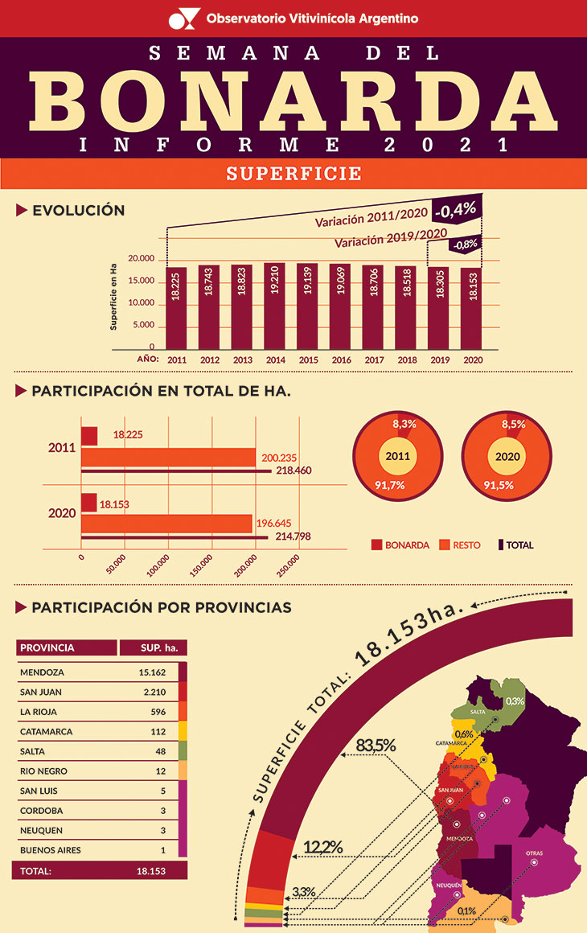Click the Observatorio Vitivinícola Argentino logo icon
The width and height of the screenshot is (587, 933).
point(183,18)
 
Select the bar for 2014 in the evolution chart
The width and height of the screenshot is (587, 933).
point(274,306)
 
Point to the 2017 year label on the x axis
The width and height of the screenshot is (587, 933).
point(373,360)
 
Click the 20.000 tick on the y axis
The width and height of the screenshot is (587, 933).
point(141,258)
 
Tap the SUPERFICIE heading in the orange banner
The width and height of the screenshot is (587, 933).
point(293,174)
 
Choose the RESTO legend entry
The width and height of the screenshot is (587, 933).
point(460,545)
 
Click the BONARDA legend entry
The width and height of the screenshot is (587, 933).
point(400,545)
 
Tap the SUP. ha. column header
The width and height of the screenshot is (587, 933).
point(153,647)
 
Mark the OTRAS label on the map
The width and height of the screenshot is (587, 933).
point(534,853)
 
